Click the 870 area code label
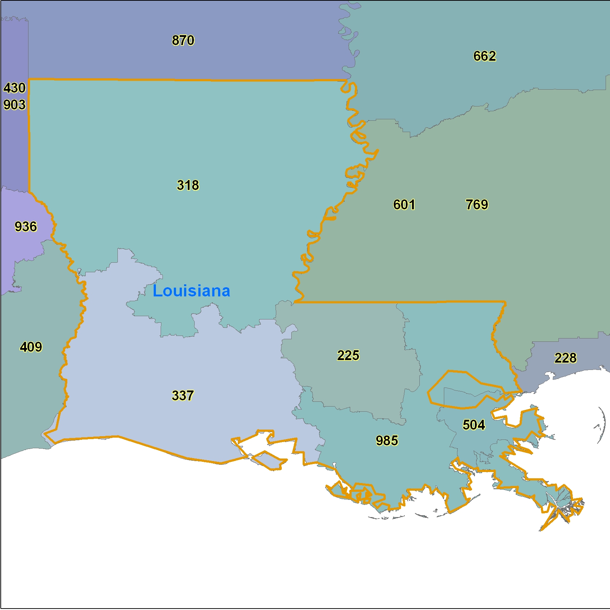[183, 40]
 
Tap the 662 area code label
[484, 56]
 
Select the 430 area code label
[15, 88]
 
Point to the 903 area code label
[15, 105]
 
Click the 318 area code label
[188, 185]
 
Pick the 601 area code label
[404, 205]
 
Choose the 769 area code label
[477, 205]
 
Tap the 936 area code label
[26, 227]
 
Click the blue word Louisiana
[191, 291]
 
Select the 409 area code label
[31, 347]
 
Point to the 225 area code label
[348, 355]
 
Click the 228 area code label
[565, 358]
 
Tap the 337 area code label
[183, 396]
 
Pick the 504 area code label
[474, 425]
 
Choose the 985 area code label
[387, 441]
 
